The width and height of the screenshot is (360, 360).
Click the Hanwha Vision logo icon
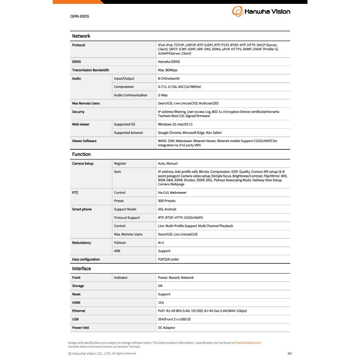pyautogui.click(x=237, y=11)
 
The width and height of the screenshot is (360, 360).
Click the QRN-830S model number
pyautogui.click(x=79, y=16)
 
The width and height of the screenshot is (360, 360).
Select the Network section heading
pyautogui.click(x=81, y=36)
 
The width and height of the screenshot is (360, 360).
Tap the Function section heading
pyautogui.click(x=81, y=154)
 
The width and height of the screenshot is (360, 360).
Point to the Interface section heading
pyautogui.click(x=82, y=268)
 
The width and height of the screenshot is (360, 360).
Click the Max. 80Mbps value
pyautogui.click(x=168, y=70)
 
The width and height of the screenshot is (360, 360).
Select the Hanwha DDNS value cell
pyautogui.click(x=169, y=62)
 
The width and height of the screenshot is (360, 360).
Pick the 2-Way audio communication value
pyautogui.click(x=163, y=95)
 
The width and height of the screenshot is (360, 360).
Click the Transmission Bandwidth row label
pyautogui.click(x=90, y=70)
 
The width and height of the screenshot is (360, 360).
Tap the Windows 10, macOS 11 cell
pyautogui.click(x=175, y=124)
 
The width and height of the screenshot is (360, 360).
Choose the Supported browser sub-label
pyautogui.click(x=128, y=133)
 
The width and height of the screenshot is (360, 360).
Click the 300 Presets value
pyautogui.click(x=167, y=201)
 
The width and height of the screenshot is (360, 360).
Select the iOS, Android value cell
pyautogui.click(x=167, y=209)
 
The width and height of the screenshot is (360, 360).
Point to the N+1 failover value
pyautogui.click(x=161, y=243)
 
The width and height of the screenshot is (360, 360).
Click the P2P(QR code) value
pyautogui.click(x=168, y=259)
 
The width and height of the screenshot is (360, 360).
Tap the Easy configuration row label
pyautogui.click(x=86, y=259)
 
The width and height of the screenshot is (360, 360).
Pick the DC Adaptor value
pyautogui.click(x=166, y=328)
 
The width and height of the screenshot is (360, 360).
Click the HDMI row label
pyautogui.click(x=76, y=302)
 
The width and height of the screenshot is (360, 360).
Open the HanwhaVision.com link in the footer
pyautogui.click(x=248, y=343)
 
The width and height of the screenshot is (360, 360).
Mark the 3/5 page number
pyautogui.click(x=290, y=353)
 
